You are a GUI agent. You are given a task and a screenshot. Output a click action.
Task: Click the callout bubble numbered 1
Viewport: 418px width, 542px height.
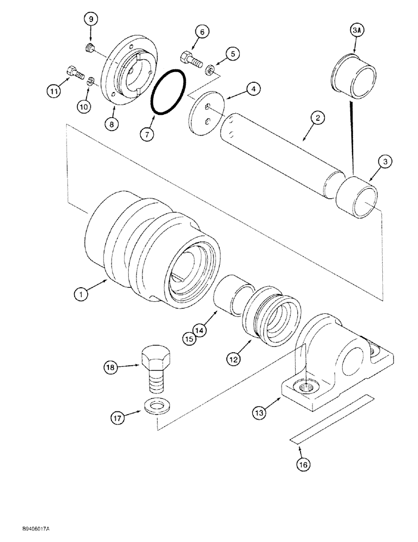coord(81,294)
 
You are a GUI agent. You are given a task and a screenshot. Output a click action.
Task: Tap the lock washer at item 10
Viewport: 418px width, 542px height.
coord(90,81)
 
